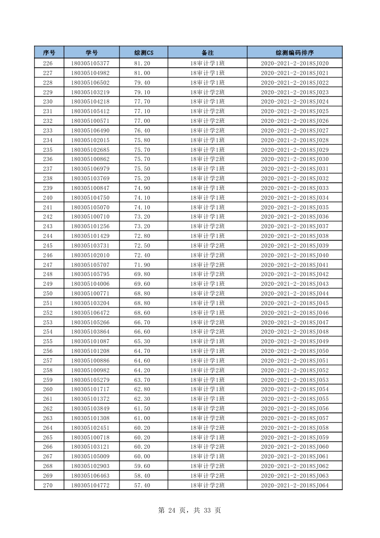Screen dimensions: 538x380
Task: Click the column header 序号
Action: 49,52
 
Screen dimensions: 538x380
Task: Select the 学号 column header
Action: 91,52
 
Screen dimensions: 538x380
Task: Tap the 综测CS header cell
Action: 143,52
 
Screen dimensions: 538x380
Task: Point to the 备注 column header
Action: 207,52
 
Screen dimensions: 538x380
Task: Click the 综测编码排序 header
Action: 295,52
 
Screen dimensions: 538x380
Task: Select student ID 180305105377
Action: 90,64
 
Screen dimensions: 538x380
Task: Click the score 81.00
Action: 142,73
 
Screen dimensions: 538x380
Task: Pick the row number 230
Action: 48,102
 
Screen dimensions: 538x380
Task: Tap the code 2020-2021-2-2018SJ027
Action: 295,131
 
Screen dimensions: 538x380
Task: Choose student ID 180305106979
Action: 90,169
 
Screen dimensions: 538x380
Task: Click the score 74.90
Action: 142,188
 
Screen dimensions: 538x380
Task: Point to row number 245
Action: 48,246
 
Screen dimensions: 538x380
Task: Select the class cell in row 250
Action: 207,294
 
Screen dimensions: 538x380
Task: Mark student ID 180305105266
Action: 90,322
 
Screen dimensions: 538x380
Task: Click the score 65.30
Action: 142,341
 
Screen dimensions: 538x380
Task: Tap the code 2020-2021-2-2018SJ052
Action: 295,370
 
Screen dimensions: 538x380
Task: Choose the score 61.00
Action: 142,418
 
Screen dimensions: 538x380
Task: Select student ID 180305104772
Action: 90,485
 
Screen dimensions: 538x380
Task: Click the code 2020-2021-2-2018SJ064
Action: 295,485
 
